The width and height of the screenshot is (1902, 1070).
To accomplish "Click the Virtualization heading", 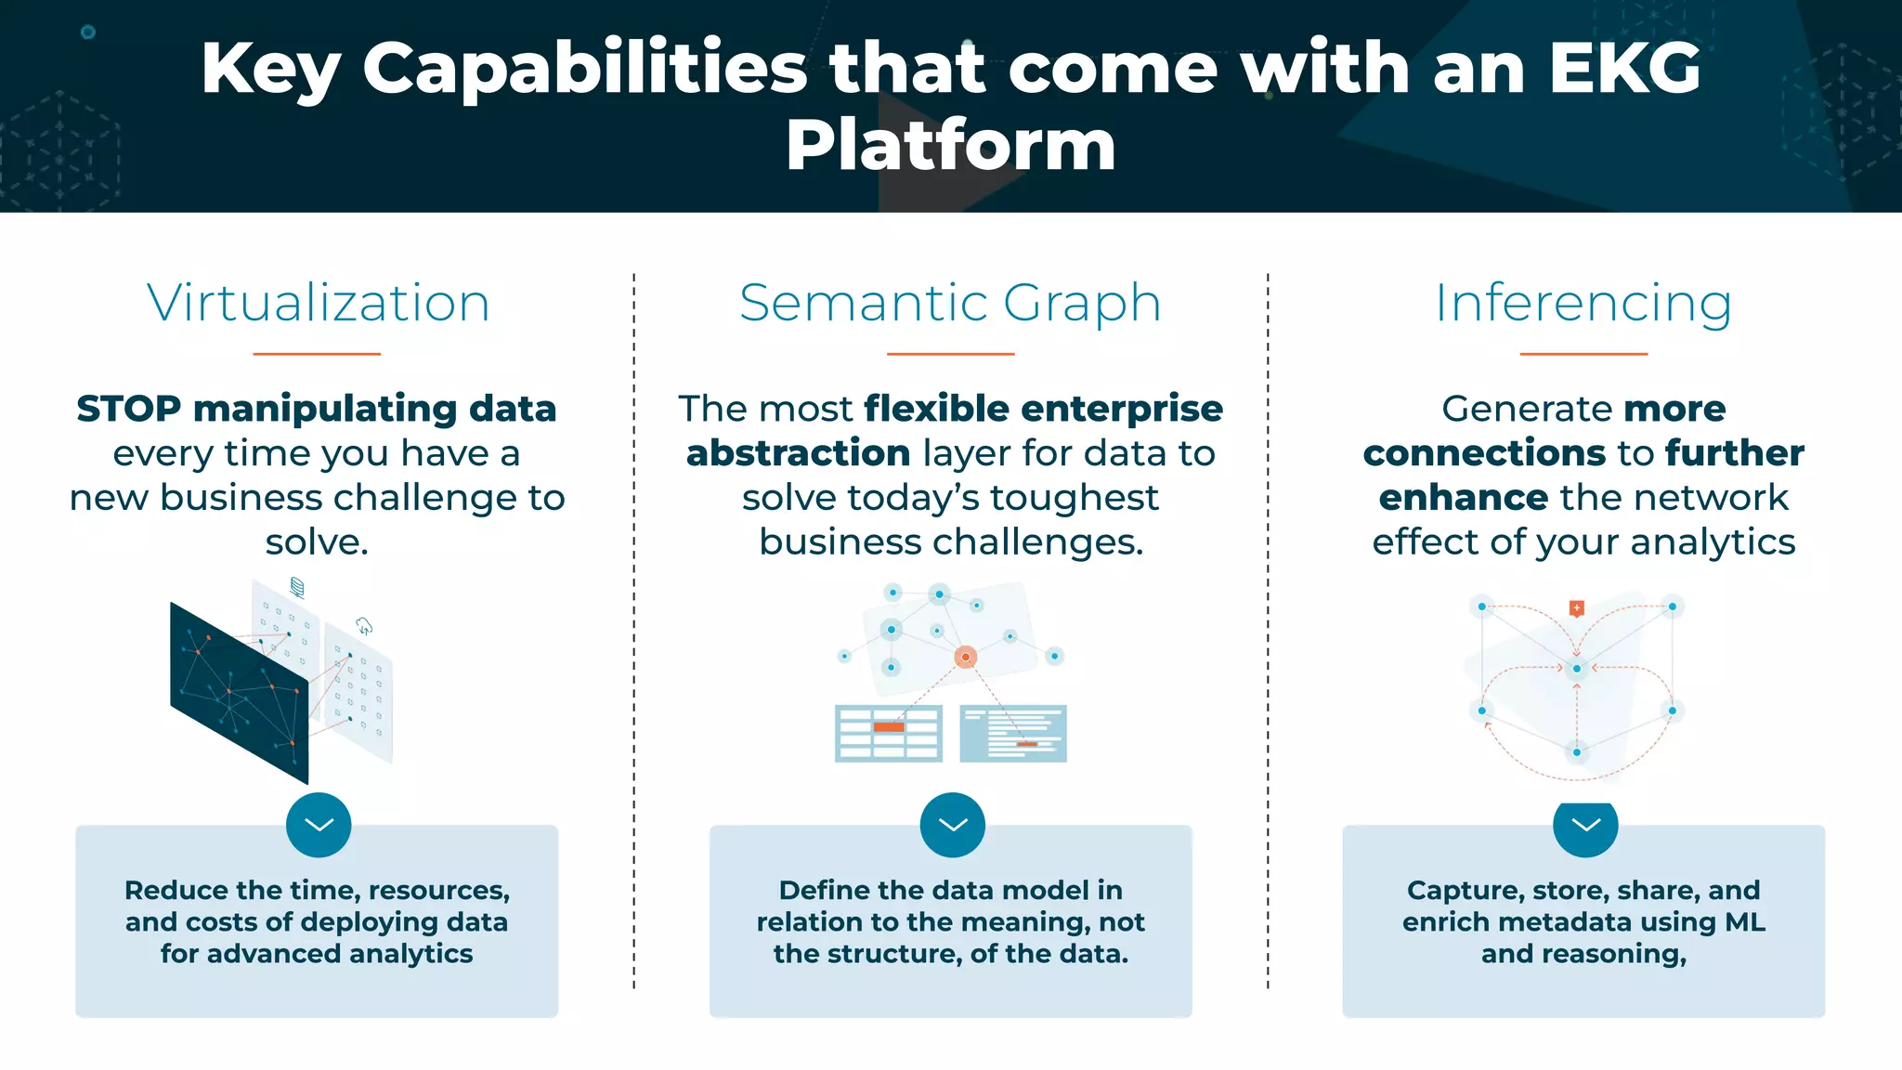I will [x=318, y=303].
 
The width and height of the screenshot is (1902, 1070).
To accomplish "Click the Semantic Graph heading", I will [x=950, y=303].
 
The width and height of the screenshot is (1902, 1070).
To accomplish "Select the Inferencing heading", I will [x=1583, y=303].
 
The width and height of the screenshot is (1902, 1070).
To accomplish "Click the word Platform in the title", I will [x=950, y=146].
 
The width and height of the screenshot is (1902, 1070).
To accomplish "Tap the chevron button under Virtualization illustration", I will [x=319, y=825].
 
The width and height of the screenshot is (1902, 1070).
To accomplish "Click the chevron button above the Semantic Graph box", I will [x=952, y=825].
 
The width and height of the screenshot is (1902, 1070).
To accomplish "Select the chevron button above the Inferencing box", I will [x=1585, y=825].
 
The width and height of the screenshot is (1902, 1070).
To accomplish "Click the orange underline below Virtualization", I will [x=317, y=354].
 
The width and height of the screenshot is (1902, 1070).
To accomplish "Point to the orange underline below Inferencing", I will [x=1583, y=354].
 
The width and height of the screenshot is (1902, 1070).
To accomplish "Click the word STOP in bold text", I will [x=129, y=409].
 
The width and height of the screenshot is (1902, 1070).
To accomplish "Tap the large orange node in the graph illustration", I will [x=966, y=657].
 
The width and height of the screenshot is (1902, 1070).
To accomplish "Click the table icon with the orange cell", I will [x=888, y=733].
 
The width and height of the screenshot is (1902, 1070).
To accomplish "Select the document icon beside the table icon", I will [x=1013, y=733].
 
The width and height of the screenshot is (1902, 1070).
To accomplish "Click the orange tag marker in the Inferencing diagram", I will [x=1576, y=608].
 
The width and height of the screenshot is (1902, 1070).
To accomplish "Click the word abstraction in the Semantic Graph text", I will [x=798, y=453].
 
